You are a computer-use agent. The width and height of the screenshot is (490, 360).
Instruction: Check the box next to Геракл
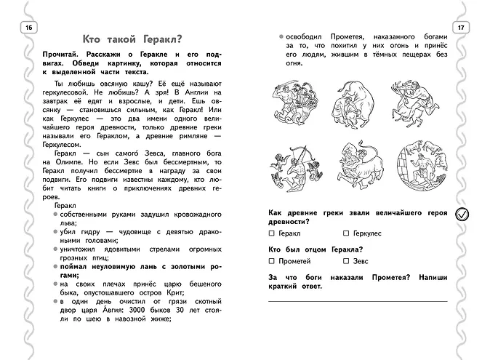coord(271,233)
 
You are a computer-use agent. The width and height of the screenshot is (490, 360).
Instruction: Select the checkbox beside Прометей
coord(271,260)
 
